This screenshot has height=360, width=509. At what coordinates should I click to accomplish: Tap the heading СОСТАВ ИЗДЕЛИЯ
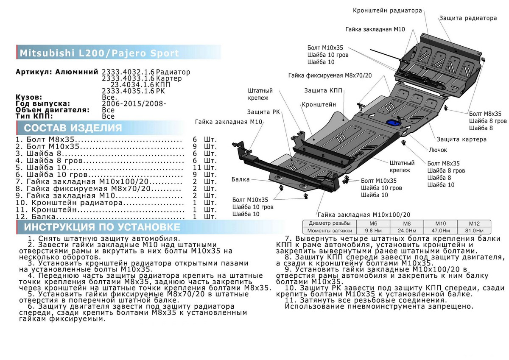click(73, 128)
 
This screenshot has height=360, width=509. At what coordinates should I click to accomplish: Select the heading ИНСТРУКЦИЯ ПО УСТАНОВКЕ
click(102, 227)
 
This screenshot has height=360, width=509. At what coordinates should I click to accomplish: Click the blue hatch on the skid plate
click(392, 123)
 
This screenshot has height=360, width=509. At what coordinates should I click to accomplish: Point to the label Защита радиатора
click(467, 19)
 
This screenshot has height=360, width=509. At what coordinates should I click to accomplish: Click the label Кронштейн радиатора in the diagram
click(387, 11)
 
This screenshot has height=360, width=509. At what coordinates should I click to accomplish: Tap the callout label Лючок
click(438, 150)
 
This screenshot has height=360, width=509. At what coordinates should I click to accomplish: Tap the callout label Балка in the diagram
click(241, 179)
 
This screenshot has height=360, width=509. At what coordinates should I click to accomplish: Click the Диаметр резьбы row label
click(330, 223)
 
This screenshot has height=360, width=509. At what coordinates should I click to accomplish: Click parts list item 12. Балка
click(36, 217)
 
